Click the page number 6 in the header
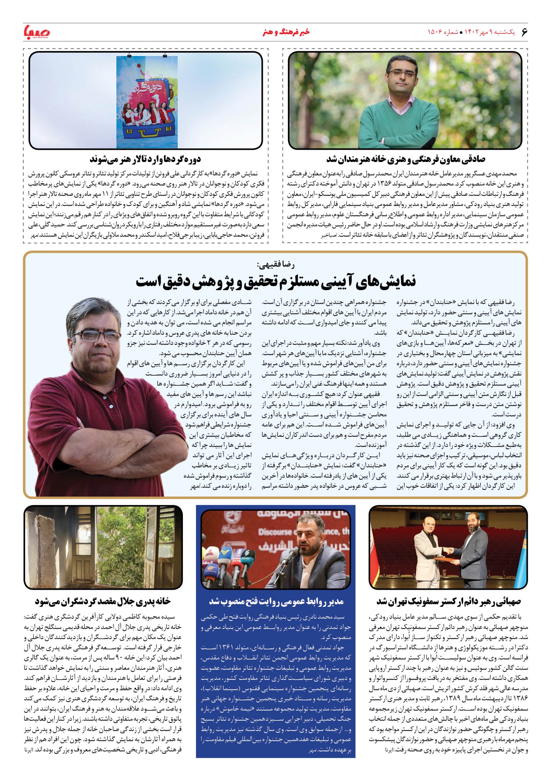(524, 32)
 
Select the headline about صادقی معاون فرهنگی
(406, 159)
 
